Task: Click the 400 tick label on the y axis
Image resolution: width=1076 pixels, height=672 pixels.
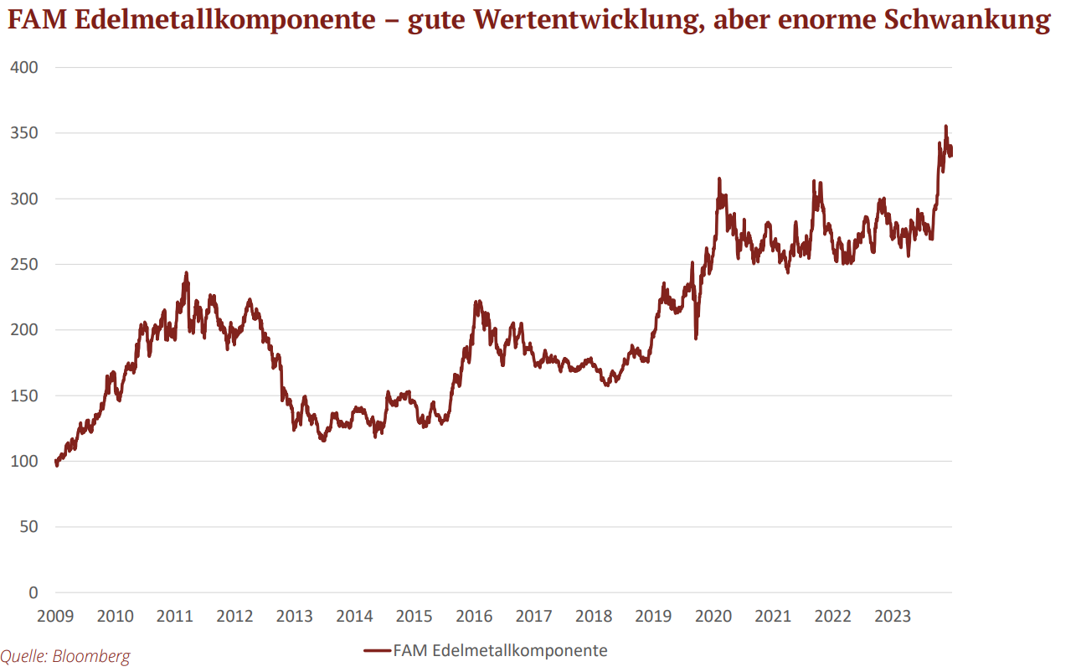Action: [23, 67]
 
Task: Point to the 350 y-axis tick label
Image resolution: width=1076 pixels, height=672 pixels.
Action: [23, 133]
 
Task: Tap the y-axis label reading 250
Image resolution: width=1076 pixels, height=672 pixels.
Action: [23, 265]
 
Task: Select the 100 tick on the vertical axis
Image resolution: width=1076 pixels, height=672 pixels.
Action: [23, 462]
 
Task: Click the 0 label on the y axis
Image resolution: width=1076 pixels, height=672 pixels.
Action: [33, 593]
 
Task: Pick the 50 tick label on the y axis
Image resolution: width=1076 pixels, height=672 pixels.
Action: [28, 527]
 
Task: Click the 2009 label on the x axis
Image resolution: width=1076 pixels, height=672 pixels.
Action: [56, 618]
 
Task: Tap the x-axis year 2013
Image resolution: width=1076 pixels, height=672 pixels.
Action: [295, 618]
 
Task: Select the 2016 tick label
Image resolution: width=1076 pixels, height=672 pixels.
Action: [474, 618]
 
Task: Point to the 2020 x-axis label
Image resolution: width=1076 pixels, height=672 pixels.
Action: [713, 618]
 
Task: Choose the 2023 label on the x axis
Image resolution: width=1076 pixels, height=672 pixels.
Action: [893, 618]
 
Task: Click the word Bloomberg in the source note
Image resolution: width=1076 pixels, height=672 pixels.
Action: [91, 656]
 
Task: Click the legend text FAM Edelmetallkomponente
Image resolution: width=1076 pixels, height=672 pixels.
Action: [500, 650]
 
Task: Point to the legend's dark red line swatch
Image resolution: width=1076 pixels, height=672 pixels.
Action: [378, 650]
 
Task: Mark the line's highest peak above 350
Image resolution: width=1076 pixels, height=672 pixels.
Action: [946, 127]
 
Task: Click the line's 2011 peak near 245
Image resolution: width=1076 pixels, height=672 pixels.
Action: [186, 272]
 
